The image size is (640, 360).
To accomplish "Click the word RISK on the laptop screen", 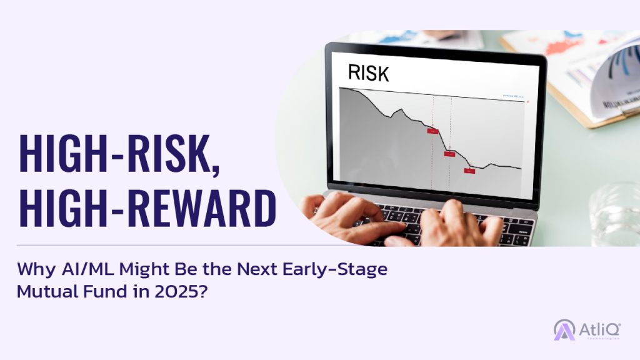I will [x=368, y=72].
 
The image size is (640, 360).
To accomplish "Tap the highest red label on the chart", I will [x=432, y=131].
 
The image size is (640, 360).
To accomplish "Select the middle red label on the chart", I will [x=449, y=154].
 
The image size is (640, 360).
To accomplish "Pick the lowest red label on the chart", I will [x=469, y=170].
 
